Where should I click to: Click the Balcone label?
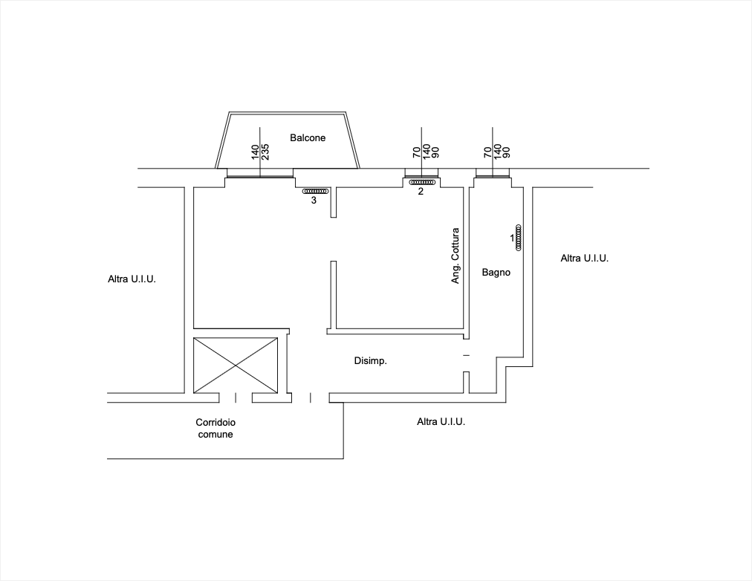tap(308, 138)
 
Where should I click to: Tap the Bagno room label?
tap(496, 272)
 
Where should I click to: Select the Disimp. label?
tap(370, 360)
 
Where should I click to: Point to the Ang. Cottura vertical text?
tap(455, 256)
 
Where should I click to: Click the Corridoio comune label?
tap(215, 428)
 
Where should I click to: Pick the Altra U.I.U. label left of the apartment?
tap(132, 279)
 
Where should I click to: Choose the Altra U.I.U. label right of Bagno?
tap(585, 259)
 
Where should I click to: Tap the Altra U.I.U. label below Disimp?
tap(441, 422)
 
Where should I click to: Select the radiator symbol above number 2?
tap(422, 182)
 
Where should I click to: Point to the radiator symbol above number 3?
tap(315, 191)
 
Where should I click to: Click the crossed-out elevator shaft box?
tap(236, 366)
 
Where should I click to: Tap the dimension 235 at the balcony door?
tap(265, 152)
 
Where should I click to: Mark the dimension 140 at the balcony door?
tap(255, 152)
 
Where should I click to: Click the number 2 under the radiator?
tap(421, 192)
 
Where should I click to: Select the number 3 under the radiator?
tap(314, 201)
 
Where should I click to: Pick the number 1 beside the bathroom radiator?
tap(512, 238)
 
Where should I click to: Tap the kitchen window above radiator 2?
tap(421, 173)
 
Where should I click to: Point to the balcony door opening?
tap(260, 173)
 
